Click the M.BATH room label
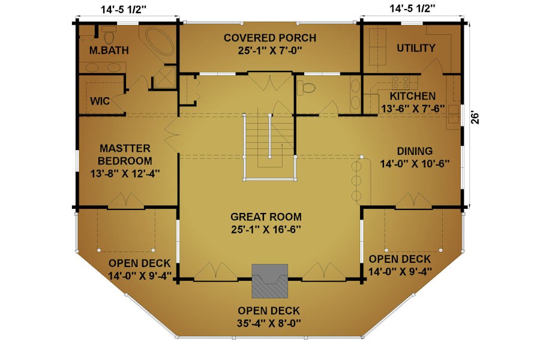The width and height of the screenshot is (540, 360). pos(109,50)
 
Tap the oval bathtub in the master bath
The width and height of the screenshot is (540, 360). pos(160,41)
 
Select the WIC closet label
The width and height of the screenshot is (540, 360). pos(100,101)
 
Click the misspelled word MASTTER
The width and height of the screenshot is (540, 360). pos(125,148)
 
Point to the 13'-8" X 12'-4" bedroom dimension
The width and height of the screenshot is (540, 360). pos(125,173)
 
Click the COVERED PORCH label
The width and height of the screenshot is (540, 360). pos(270,38)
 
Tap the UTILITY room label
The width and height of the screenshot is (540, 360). pos(416,48)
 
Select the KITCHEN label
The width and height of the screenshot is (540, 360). pos(413,96)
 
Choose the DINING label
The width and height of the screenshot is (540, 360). pos(415,151)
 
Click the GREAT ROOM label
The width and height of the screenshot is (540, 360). pos(266,217)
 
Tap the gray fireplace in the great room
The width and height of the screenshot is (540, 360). pos(269,281)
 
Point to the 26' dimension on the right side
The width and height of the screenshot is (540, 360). pos(475,118)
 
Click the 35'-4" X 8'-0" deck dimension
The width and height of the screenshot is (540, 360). pos(269,323)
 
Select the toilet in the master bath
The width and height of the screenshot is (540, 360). pos(110,34)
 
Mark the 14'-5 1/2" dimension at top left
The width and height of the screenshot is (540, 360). pos(124,10)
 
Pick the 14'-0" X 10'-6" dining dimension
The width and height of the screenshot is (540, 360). pos(415,164)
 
